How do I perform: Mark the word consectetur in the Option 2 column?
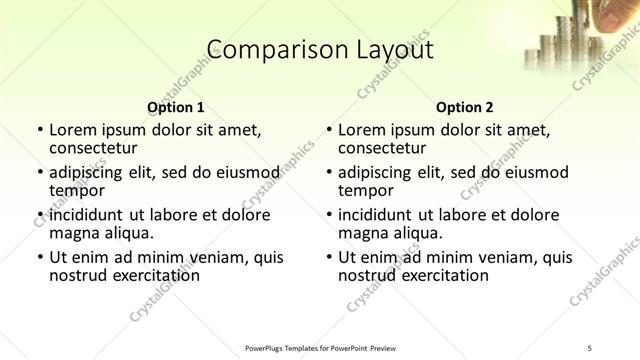click(x=383, y=148)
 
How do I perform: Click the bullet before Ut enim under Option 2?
click(x=328, y=258)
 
